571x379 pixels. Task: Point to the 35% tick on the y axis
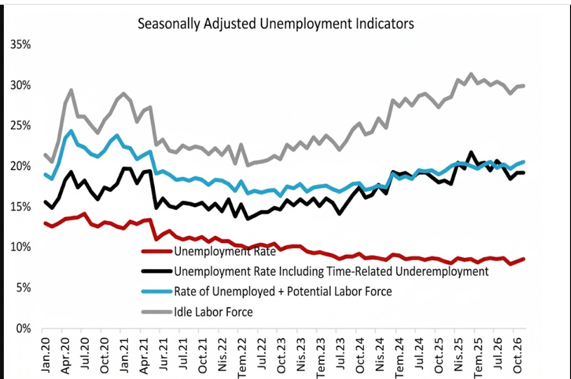pyautogui.click(x=20, y=45)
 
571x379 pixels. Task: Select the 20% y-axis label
pyautogui.click(x=20, y=167)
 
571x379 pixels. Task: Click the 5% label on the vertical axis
pyautogui.click(x=23, y=288)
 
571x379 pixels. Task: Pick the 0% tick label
pyautogui.click(x=23, y=329)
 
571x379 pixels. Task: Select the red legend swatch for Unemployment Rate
pyautogui.click(x=157, y=251)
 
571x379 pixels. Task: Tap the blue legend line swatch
pyautogui.click(x=157, y=292)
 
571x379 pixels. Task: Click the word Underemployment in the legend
pyautogui.click(x=443, y=271)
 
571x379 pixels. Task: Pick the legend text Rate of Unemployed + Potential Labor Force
pyautogui.click(x=283, y=292)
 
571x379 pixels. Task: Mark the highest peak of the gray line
pyautogui.click(x=471, y=74)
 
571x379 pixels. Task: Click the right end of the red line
pyautogui.click(x=523, y=259)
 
